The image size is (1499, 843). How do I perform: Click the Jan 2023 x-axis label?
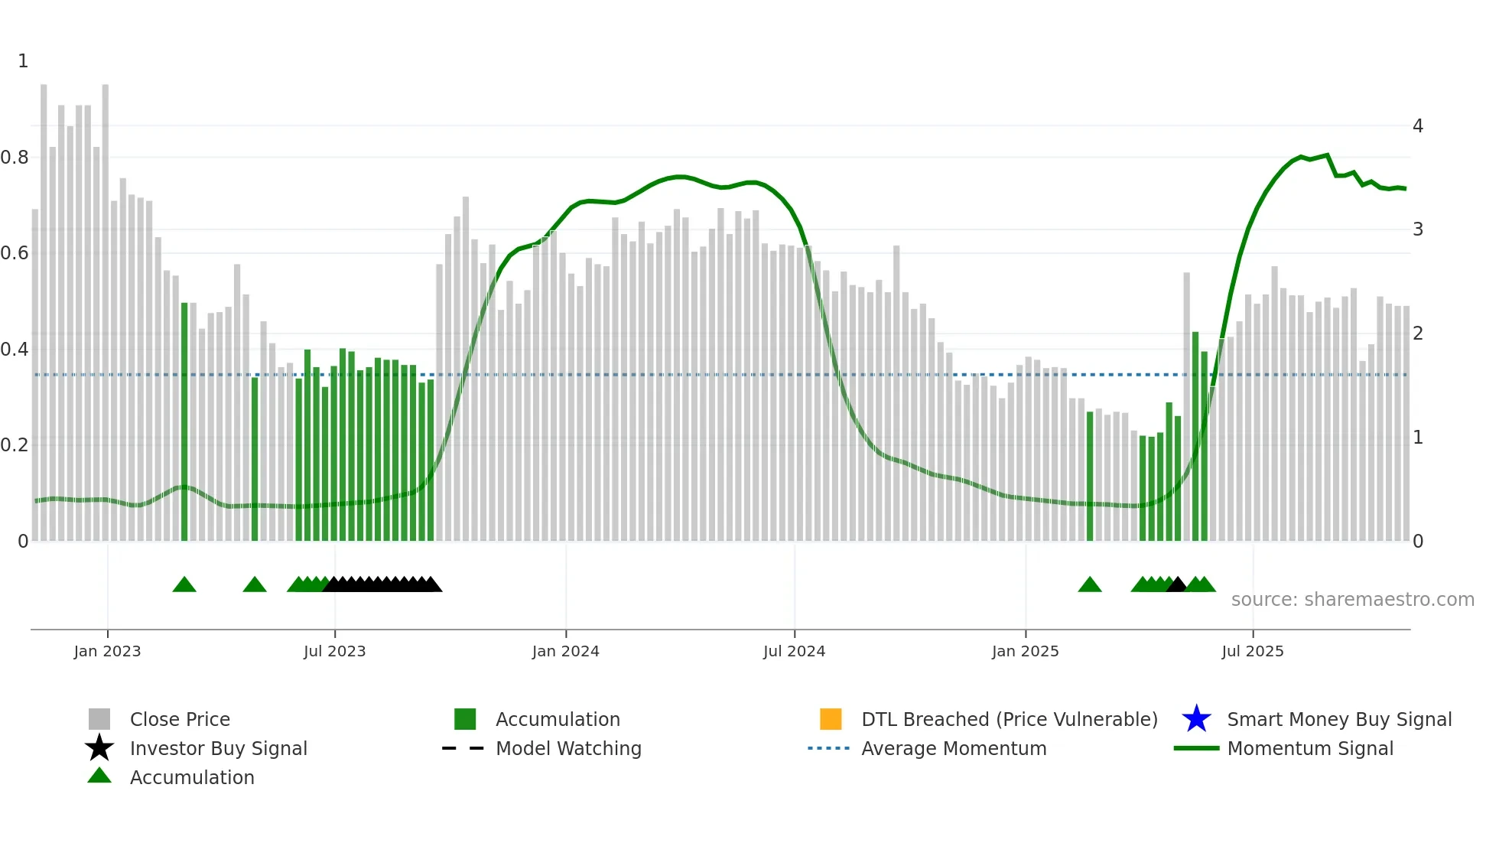coord(107,651)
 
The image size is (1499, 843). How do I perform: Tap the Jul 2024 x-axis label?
coord(794,651)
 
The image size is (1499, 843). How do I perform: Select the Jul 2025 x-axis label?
coord(1252,651)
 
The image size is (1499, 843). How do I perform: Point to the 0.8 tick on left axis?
coord(15,158)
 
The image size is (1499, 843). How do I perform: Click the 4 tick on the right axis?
coord(1417,125)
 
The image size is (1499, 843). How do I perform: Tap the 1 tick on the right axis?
coord(1417,438)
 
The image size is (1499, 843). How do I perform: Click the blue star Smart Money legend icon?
coord(1196,719)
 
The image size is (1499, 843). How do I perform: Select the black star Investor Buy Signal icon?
coord(99,748)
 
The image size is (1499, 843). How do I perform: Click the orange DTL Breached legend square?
coord(830,719)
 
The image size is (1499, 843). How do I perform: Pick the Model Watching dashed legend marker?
coord(463,748)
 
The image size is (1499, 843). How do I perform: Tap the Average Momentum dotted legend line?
coord(828,748)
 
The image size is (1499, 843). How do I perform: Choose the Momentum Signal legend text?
coord(1309,748)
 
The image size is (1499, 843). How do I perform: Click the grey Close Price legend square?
coord(99,719)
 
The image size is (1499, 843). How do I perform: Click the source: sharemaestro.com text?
coord(1352,600)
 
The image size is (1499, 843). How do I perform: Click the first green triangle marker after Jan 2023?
coord(184,585)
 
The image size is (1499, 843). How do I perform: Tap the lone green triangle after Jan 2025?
coord(1089,585)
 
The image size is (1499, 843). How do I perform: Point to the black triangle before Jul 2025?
coord(1176,585)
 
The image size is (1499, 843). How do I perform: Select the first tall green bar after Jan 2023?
coord(184,421)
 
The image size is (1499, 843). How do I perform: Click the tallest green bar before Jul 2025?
coord(1195,436)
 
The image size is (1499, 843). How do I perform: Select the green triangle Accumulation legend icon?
coord(99,776)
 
